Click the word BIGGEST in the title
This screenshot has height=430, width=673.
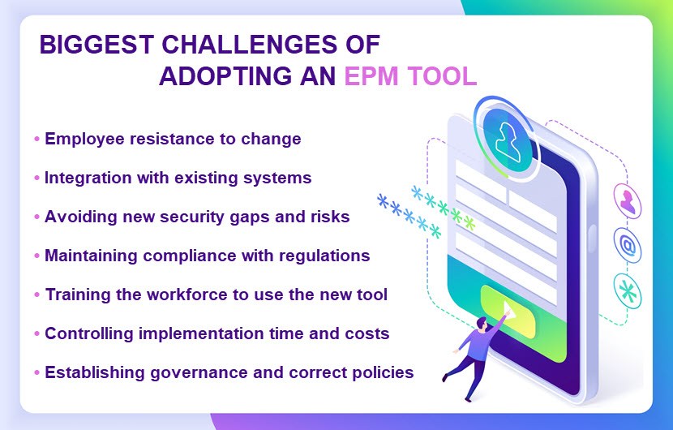[x=96, y=45]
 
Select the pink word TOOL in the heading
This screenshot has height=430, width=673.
[x=442, y=76]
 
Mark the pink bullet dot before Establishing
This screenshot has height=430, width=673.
[x=37, y=372]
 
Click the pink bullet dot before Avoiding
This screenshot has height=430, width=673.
[x=37, y=217]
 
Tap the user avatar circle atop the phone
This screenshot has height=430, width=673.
[x=508, y=138]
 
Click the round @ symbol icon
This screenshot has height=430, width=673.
[x=627, y=246]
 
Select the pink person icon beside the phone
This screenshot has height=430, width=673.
[x=627, y=201]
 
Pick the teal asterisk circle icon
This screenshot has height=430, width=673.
[x=627, y=292]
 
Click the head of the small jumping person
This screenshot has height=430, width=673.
[x=482, y=323]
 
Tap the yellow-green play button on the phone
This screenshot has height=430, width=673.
[x=508, y=311]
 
